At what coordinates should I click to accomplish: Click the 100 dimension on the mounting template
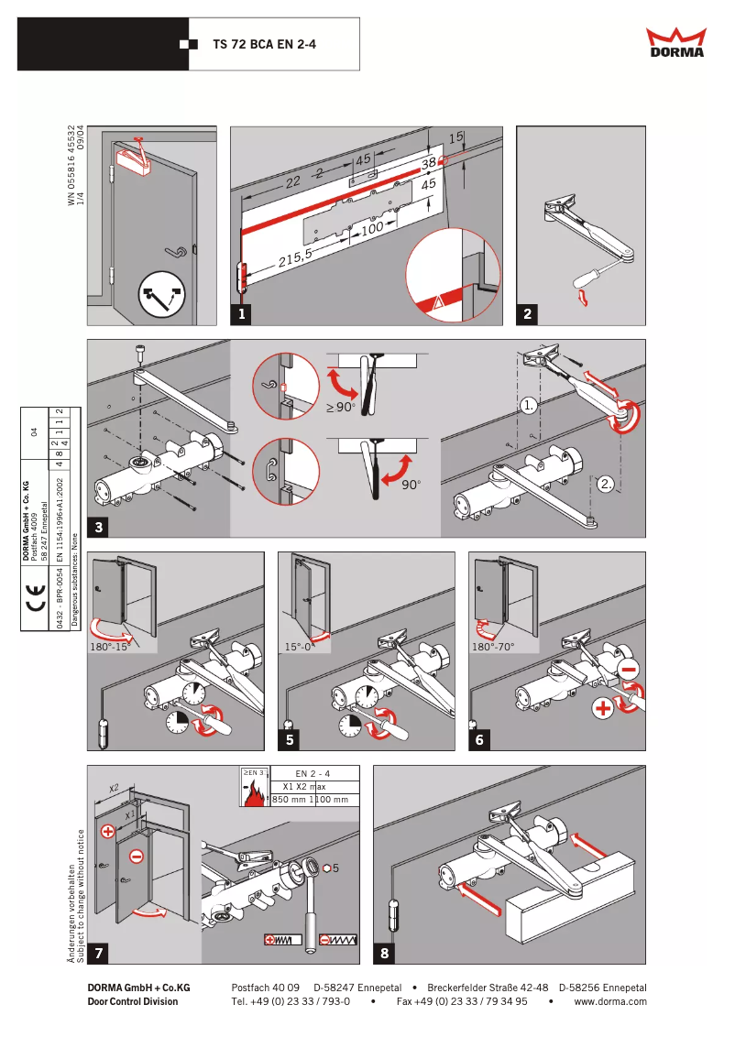[371, 228]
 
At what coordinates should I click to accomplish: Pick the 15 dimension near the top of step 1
[455, 137]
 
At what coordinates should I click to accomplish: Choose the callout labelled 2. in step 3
[607, 484]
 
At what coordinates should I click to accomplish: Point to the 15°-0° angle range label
[301, 646]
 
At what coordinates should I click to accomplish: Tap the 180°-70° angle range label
[493, 646]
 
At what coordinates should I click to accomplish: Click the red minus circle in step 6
[630, 669]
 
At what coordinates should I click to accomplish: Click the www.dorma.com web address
[610, 1001]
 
